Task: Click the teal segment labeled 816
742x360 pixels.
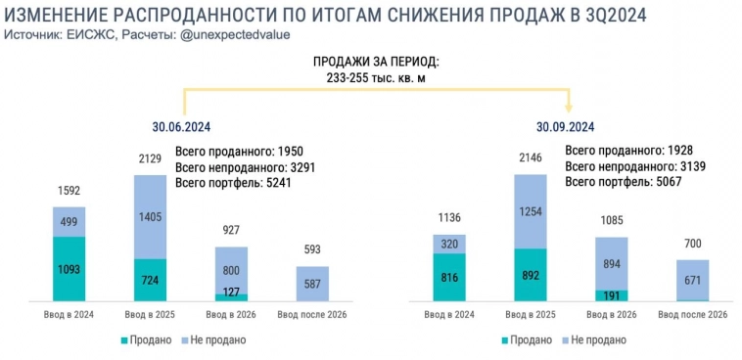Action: [x=448, y=277]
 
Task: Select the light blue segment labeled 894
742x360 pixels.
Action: [x=612, y=263]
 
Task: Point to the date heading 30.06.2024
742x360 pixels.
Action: [x=181, y=125]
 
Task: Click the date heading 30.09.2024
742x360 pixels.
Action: [x=565, y=125]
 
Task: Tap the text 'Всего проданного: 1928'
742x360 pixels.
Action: [x=624, y=151]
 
